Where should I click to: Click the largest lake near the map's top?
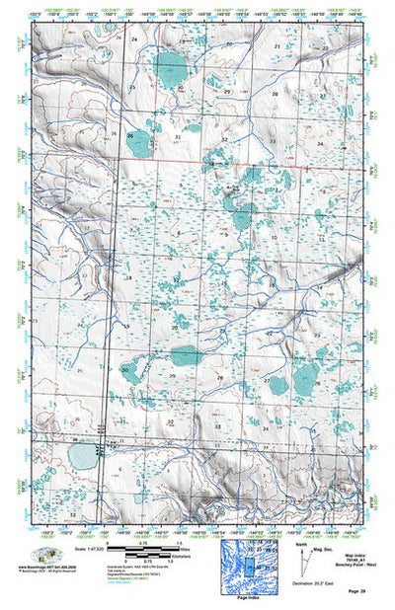(x=170, y=68)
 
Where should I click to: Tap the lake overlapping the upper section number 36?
(x=137, y=144)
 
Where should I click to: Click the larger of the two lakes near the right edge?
(x=306, y=374)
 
